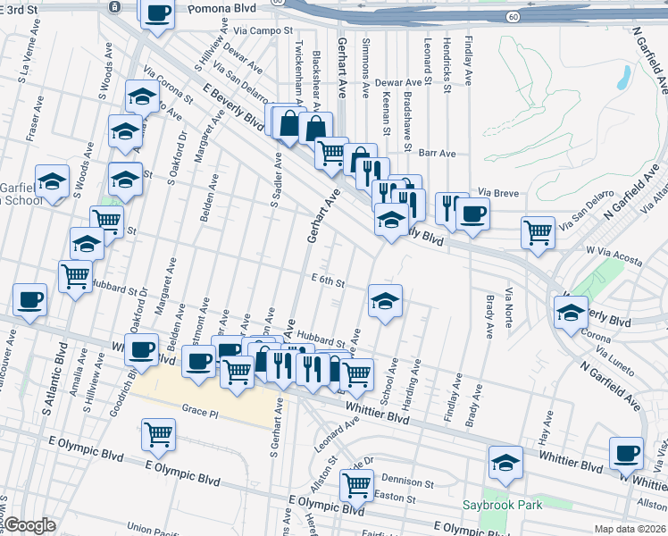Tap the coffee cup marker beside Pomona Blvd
point(158,14)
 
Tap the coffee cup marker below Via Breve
point(472,214)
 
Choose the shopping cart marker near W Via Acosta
point(538,233)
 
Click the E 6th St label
point(328,282)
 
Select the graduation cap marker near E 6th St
point(385,302)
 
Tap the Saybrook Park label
point(502,506)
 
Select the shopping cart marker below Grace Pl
point(158,435)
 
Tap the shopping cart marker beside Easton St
point(356,488)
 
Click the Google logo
point(30,525)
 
